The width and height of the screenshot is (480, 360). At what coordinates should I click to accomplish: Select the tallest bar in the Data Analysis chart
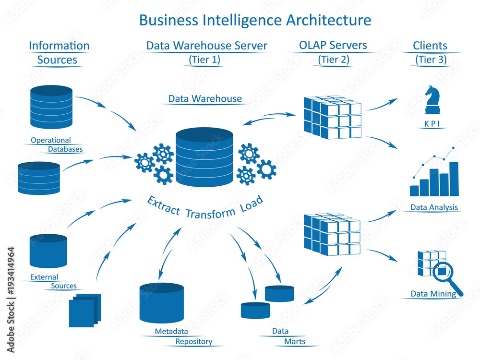454,179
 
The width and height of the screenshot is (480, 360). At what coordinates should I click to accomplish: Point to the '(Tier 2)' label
334,60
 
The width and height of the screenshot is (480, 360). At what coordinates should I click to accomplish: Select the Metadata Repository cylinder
161,303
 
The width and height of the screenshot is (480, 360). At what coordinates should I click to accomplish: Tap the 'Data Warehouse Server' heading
206,46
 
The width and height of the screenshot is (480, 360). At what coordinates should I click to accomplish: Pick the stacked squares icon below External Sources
85,310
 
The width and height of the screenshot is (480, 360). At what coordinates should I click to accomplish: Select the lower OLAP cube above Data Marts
332,234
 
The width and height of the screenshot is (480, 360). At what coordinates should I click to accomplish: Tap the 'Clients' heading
430,46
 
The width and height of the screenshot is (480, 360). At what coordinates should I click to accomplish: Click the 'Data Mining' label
433,294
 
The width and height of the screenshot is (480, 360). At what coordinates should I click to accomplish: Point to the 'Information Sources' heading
59,52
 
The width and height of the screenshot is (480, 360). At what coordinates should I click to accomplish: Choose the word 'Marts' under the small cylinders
294,342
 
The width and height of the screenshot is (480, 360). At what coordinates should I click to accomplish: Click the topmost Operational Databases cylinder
51,107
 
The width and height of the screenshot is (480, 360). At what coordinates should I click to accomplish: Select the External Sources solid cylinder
48,251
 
